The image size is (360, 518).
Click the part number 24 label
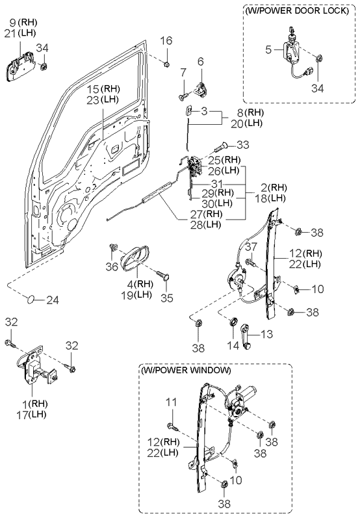tap(53, 300)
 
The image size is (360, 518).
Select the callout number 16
tap(166, 41)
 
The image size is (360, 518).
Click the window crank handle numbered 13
tap(246, 336)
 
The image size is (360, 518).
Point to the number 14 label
tap(233, 346)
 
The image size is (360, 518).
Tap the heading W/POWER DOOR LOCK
tap(297, 10)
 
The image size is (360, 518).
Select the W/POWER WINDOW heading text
tap(186, 370)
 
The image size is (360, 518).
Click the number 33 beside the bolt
tap(243, 145)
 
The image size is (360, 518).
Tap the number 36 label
tap(112, 266)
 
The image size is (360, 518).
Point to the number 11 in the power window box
tap(172, 402)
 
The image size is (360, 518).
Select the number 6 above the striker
tap(201, 61)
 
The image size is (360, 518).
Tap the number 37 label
tap(251, 246)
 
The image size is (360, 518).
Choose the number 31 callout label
tap(217, 184)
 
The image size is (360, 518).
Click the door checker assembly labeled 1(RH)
tap(37, 367)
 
